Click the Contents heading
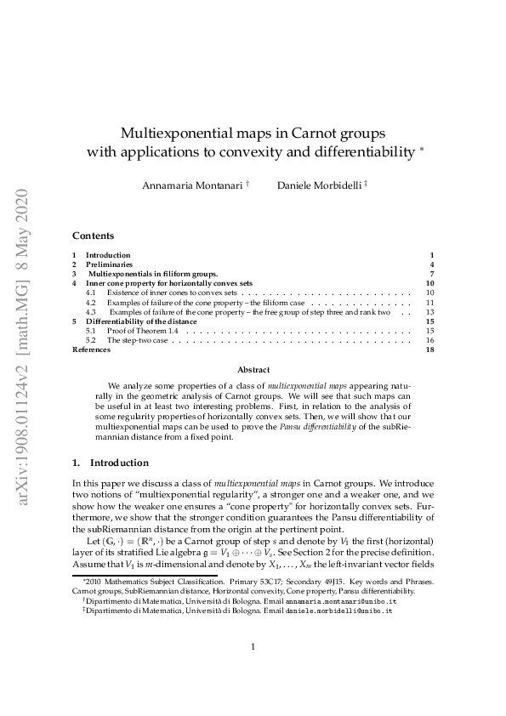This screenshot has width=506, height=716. click(93, 236)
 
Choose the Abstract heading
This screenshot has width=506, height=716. click(253, 370)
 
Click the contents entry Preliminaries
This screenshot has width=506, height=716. click(109, 264)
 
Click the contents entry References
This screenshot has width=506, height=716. click(91, 349)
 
